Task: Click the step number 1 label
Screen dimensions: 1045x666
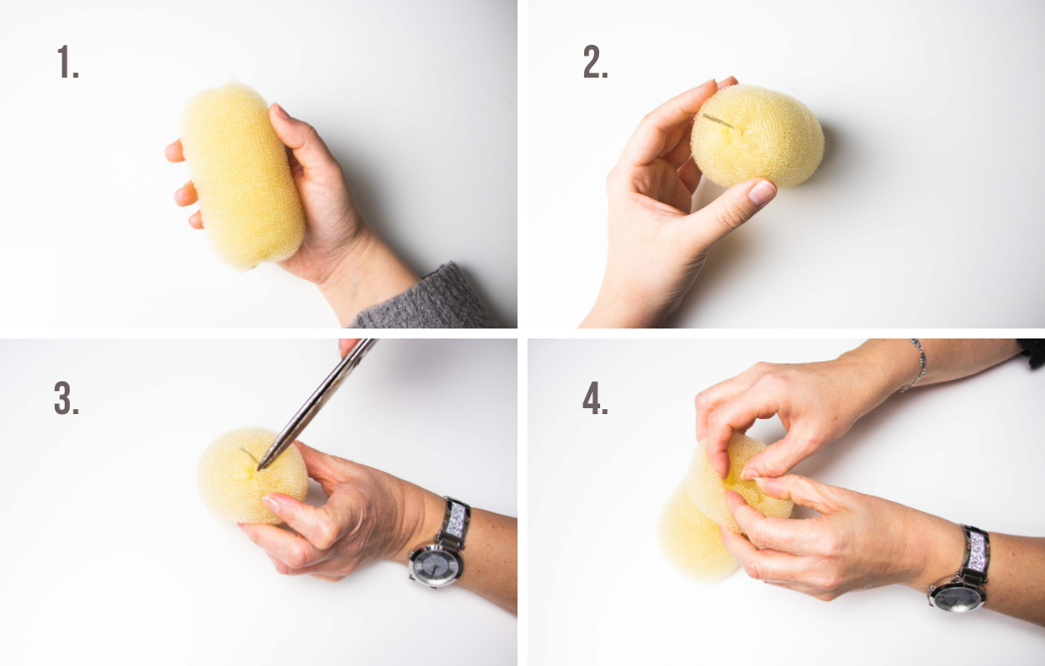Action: (x=68, y=62)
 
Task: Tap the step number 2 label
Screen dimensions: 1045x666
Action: (x=595, y=62)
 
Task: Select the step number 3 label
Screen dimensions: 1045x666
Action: (x=66, y=398)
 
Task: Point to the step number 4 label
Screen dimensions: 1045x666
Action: (x=595, y=399)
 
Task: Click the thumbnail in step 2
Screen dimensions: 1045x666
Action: (x=761, y=192)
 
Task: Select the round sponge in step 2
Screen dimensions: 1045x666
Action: (x=757, y=136)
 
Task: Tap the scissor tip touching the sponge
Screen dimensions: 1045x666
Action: (x=260, y=467)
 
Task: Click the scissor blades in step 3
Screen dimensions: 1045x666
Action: (x=315, y=403)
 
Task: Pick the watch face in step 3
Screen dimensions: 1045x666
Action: (x=434, y=565)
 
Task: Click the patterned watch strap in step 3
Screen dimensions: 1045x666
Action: (x=455, y=520)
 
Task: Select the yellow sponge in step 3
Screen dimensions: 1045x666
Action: (x=252, y=475)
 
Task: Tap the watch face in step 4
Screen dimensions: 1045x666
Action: (x=957, y=596)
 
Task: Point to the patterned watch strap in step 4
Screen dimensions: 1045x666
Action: (x=976, y=551)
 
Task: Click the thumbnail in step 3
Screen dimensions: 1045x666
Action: (x=272, y=504)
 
